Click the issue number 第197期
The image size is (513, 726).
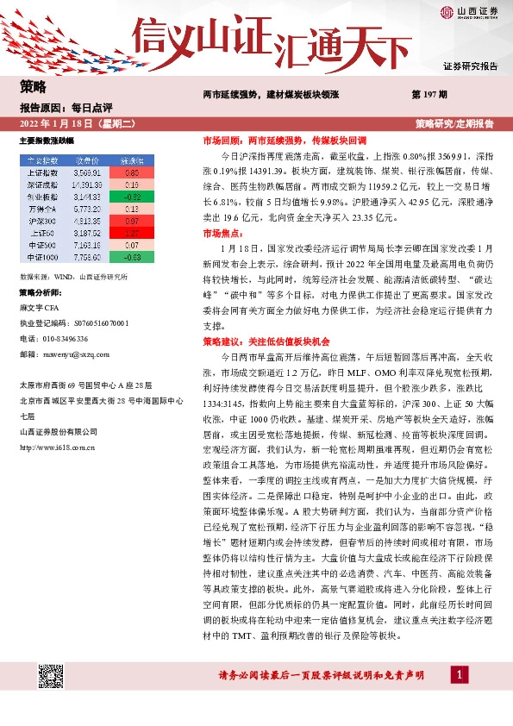429,93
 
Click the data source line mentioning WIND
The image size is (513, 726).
72,277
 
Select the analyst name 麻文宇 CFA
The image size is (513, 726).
41,306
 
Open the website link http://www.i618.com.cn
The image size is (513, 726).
57,447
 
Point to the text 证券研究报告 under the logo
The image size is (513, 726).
470,66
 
